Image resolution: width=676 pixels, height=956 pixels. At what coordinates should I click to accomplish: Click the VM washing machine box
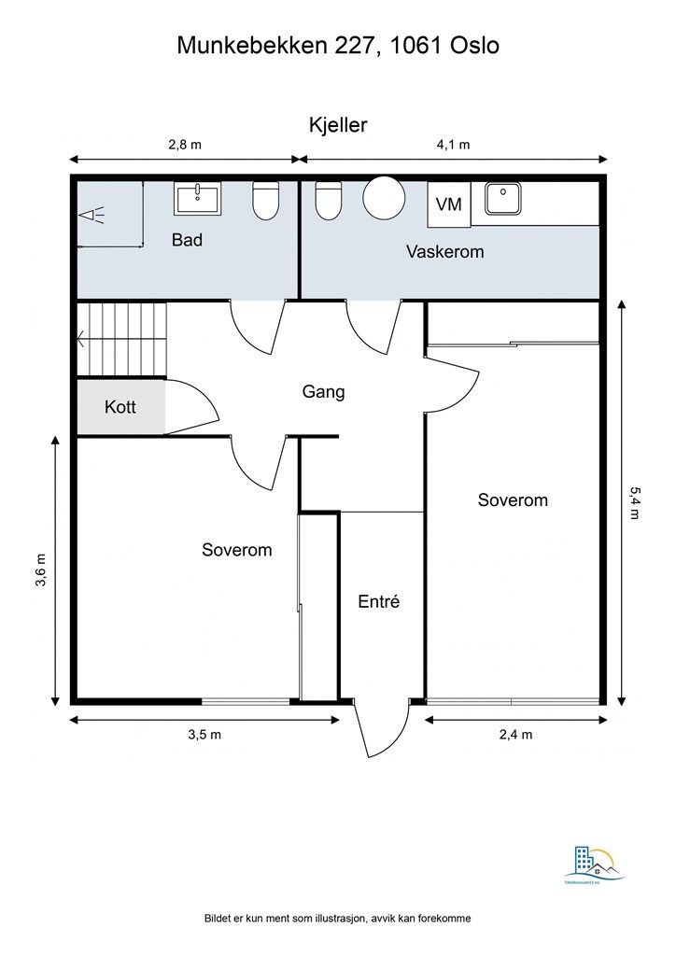tap(449, 204)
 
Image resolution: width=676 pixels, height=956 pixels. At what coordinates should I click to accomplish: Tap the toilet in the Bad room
tap(266, 201)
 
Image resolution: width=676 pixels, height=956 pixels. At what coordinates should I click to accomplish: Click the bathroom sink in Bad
tap(198, 198)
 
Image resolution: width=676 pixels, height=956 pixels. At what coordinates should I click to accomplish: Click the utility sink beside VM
tap(509, 199)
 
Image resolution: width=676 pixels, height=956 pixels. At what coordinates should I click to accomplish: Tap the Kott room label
tap(120, 407)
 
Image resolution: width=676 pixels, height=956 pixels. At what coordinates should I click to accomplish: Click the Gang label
tap(323, 391)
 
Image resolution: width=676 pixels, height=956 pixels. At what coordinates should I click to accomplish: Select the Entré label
tap(379, 602)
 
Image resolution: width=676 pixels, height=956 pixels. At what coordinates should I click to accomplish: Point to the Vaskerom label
tap(444, 251)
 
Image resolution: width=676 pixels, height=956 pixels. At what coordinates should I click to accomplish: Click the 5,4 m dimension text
tap(635, 505)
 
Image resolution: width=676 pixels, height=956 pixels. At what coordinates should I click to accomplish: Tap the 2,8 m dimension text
tap(184, 144)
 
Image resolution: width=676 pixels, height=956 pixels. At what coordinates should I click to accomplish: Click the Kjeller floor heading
tap(337, 125)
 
